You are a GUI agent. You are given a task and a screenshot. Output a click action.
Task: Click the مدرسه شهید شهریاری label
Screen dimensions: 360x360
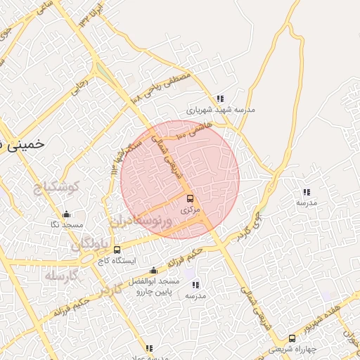point(220,110)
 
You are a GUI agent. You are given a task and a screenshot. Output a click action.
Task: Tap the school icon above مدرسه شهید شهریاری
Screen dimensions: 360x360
point(220,99)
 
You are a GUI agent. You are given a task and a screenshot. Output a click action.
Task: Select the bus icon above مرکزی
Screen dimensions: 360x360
point(190,199)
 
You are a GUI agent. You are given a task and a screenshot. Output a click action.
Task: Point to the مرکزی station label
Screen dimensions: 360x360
point(190,210)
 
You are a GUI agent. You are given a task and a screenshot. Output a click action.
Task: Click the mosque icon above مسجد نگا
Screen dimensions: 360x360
point(66,214)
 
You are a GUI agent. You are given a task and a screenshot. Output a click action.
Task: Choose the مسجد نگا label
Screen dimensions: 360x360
point(66,224)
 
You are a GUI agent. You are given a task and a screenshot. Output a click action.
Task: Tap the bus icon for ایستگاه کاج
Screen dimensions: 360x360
point(117,249)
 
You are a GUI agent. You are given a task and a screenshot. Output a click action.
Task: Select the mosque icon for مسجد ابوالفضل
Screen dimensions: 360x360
point(154,271)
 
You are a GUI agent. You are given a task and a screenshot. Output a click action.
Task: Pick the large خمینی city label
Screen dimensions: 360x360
point(21,144)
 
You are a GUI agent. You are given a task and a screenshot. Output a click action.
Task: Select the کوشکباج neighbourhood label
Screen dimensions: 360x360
point(59,188)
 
